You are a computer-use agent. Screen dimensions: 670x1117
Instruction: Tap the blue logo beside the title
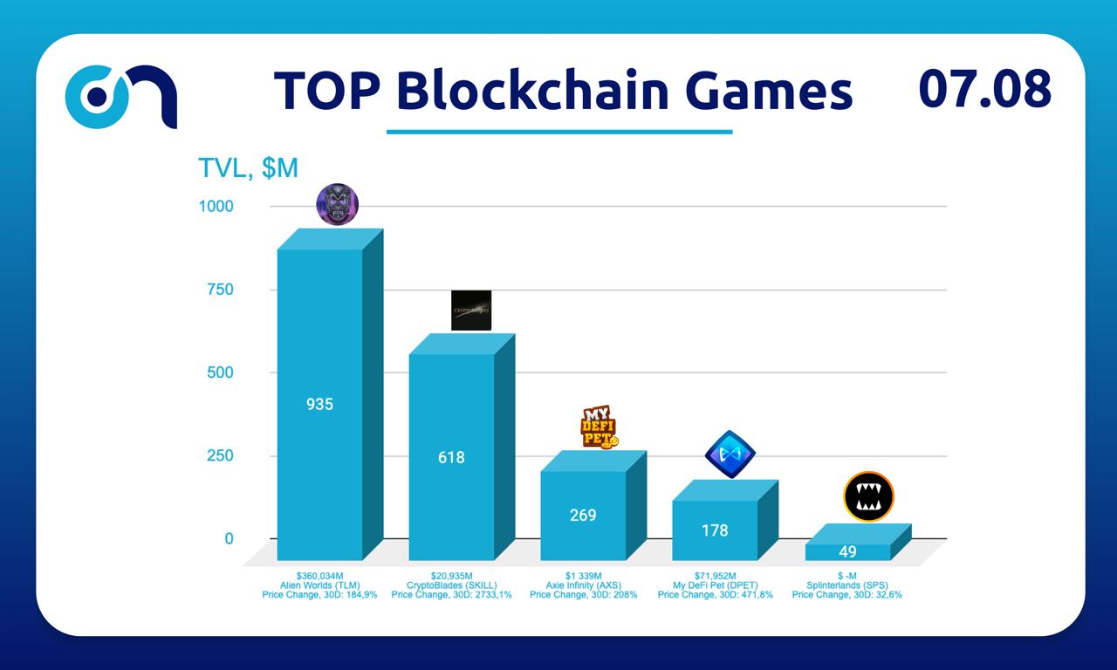[121, 95]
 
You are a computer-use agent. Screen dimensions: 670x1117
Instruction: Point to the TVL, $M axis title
[249, 168]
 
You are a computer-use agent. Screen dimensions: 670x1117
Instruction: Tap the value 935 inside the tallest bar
[319, 405]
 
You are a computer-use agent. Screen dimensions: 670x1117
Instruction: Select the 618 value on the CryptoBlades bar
[451, 457]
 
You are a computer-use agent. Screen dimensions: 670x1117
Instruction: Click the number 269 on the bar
[583, 516]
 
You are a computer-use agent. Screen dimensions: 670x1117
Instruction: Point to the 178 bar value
[715, 530]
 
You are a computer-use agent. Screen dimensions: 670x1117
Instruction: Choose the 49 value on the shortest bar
[847, 551]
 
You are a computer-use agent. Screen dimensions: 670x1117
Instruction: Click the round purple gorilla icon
[337, 205]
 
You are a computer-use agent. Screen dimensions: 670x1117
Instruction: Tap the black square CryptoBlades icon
[471, 310]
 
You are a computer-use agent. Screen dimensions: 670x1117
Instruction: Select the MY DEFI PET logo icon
[600, 427]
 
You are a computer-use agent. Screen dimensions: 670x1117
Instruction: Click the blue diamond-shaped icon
[730, 454]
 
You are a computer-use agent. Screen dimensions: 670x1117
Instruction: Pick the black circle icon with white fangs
[868, 496]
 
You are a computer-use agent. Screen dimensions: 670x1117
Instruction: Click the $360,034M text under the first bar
[319, 576]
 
